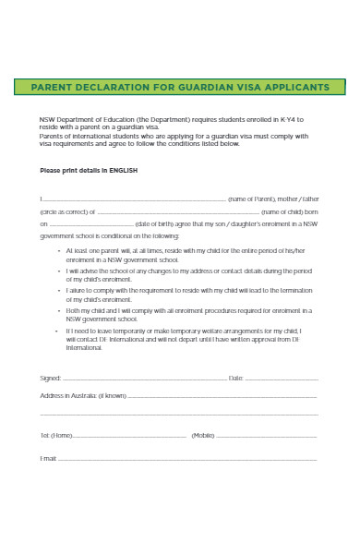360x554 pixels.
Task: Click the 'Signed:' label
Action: (x=51, y=379)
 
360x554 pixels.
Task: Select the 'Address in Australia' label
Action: (x=83, y=395)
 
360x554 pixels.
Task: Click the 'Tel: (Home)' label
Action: (x=56, y=435)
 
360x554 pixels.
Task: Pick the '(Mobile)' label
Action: (x=203, y=435)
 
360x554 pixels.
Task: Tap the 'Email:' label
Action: (x=49, y=458)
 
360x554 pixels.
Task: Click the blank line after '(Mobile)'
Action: (x=268, y=436)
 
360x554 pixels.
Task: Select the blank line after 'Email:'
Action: (x=185, y=459)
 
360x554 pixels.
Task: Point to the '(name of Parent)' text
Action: (x=252, y=199)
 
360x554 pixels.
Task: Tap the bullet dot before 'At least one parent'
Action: (x=59, y=251)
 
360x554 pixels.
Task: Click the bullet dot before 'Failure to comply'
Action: (x=59, y=290)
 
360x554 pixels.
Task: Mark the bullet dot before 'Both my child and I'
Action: (x=59, y=310)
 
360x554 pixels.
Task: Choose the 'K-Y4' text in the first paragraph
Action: (x=289, y=121)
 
